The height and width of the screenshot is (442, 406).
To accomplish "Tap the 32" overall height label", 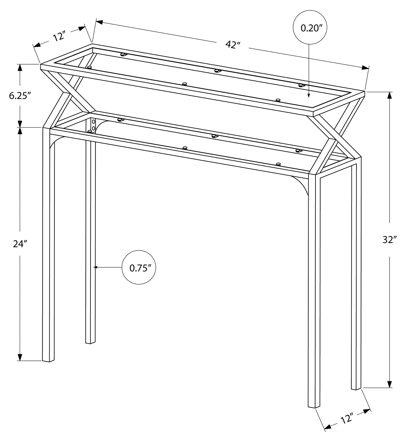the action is pyautogui.click(x=390, y=240).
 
